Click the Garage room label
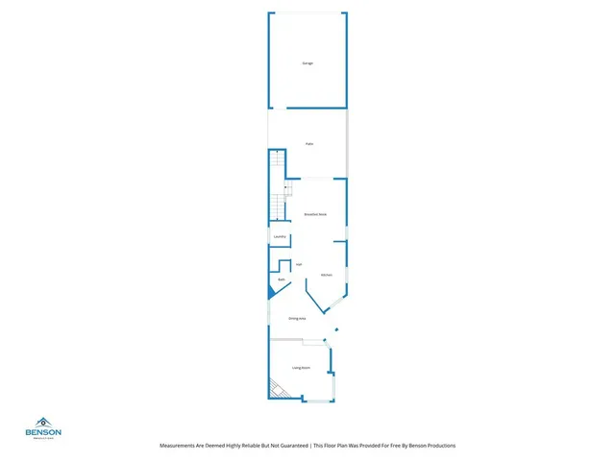coord(307,63)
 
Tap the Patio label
coord(309,144)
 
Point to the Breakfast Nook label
coord(315,214)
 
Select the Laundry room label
coord(280,236)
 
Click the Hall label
coord(299,264)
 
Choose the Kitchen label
coord(326,276)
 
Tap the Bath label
coord(282,280)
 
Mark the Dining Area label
coord(297,318)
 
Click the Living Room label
coord(301,368)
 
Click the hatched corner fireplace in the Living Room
coord(278,390)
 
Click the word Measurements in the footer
coord(179,446)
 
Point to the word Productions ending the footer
coord(435,446)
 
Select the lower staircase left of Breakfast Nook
coord(278,206)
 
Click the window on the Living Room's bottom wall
coord(316,400)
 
